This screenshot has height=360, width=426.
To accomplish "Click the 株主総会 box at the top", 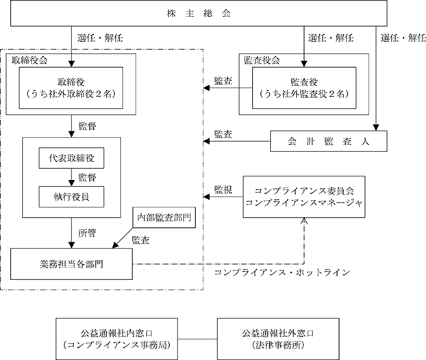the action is click(199, 13).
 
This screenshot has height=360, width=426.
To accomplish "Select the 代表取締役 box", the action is click(71, 158).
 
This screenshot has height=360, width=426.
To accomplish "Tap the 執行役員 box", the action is click(71, 197).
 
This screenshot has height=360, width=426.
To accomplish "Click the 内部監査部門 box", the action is click(164, 218).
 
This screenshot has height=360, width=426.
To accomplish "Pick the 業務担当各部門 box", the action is click(71, 264).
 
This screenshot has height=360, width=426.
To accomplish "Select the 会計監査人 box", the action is click(329, 141).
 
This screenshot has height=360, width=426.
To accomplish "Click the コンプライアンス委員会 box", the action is click(304, 197).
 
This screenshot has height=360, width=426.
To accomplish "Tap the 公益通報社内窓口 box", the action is click(117, 339).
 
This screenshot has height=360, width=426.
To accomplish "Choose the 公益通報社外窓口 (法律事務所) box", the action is click(278, 339).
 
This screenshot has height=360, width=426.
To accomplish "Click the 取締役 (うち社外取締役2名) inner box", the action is click(71, 88).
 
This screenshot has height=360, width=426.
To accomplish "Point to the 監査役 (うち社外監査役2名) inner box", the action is click(304, 88).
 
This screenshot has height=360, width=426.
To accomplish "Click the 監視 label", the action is click(223, 190).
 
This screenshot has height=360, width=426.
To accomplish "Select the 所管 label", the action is click(87, 233).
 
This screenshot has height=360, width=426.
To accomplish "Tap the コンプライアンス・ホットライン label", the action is click(282, 272).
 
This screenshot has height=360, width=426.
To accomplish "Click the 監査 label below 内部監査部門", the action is click(140, 240).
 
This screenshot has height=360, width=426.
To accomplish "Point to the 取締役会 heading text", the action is click(29, 60).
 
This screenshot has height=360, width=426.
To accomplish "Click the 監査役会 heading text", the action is click(262, 60).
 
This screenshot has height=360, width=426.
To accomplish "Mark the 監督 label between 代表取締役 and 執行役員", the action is click(87, 177).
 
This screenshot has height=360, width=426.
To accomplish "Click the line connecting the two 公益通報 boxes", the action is click(197, 339).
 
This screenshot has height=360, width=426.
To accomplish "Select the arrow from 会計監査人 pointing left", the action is click(237, 141).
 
